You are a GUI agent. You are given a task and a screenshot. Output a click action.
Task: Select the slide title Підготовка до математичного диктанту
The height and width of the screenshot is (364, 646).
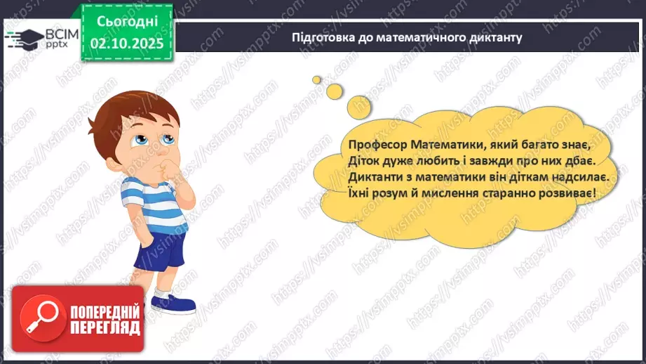[407, 37]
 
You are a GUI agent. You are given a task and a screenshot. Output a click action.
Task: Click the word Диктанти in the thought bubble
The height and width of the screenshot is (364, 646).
[373, 178]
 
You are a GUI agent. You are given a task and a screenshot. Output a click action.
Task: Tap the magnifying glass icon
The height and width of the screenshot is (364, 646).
[38, 316]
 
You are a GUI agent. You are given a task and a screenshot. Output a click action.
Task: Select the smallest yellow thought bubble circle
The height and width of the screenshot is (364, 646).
[317, 79]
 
